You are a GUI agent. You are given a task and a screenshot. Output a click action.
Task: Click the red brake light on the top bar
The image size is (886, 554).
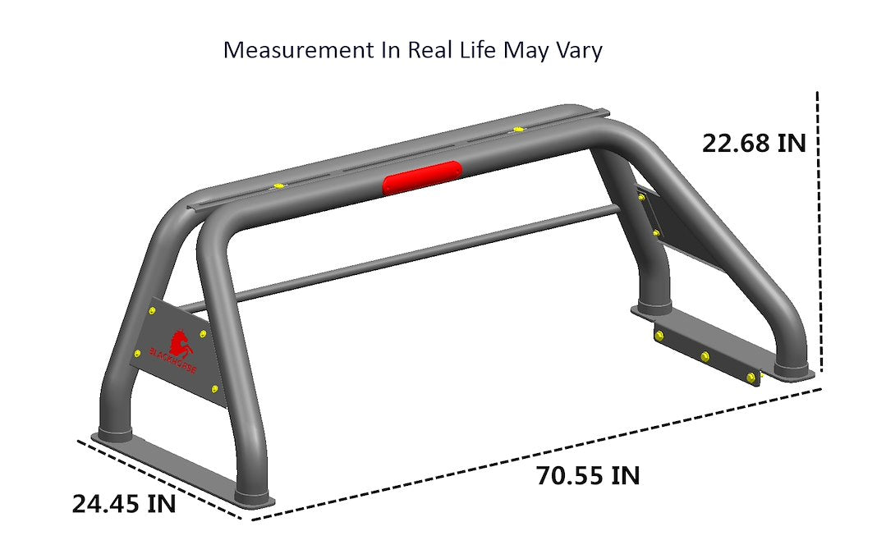coord(422,178)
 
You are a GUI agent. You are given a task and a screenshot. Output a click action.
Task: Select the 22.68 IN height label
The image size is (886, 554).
coord(754,143)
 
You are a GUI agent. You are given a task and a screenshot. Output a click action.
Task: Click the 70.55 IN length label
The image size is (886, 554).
coord(588,475)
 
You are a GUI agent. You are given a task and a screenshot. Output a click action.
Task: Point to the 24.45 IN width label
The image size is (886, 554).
coord(123,503)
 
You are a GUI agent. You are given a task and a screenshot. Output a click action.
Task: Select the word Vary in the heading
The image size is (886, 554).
coord(579,50)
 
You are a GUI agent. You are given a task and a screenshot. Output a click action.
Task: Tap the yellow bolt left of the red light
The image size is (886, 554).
coord(279,186)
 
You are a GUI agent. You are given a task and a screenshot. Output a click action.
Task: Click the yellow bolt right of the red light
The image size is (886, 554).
coord(516,129)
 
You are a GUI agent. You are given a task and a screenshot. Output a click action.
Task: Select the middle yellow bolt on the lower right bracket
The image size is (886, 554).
coord(705,355)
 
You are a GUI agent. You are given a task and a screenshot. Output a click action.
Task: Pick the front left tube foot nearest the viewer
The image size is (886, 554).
coord(254,496)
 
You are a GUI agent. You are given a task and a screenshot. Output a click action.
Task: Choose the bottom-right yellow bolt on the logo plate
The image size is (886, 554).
coord(214,388)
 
